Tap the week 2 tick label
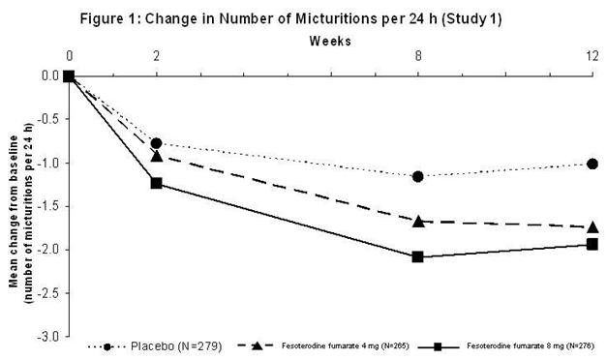tap(156, 57)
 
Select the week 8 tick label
tap(417, 57)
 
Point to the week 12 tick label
tap(591, 57)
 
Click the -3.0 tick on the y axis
tap(46, 336)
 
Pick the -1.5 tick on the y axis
tap(46, 206)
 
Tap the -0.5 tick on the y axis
tap(46, 119)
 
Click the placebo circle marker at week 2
tap(156, 143)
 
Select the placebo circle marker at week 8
tap(417, 176)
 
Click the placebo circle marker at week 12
tap(592, 164)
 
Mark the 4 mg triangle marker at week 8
tap(417, 221)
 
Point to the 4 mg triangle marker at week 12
tap(592, 226)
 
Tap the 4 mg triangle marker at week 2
tap(156, 156)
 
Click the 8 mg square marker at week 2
tap(156, 183)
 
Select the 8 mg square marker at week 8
tap(417, 256)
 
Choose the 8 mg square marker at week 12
tap(592, 244)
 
